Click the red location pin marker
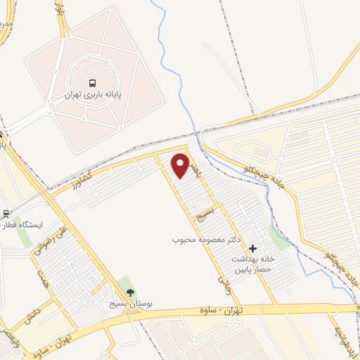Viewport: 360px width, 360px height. coord(181,165)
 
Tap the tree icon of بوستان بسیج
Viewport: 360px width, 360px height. coord(129,292)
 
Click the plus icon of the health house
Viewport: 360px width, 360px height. coord(252,248)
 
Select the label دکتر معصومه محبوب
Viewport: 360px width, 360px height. coord(207,240)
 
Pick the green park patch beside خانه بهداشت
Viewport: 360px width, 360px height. coord(279,240)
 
